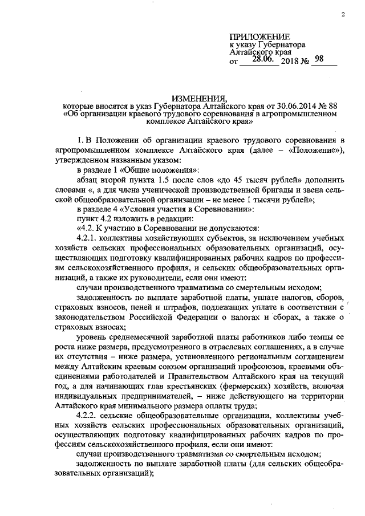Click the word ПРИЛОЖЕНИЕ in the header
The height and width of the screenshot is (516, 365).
click(259, 36)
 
